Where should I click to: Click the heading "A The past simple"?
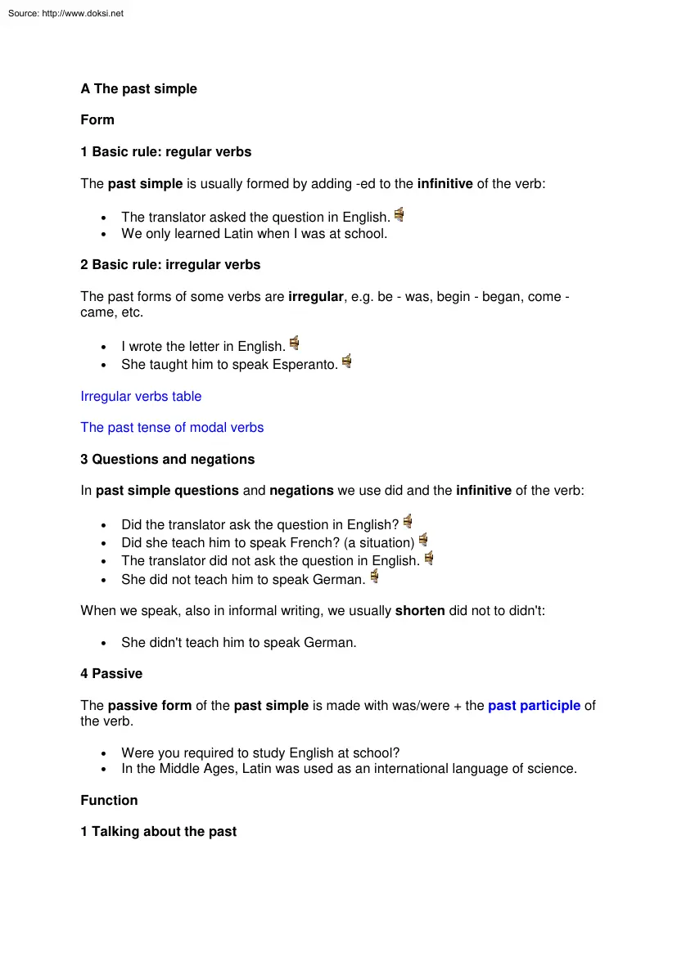[x=138, y=88]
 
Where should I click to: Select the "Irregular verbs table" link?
[x=141, y=397]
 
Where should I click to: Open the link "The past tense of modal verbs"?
[x=172, y=428]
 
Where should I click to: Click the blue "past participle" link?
[x=534, y=706]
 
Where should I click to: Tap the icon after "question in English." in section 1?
[x=399, y=215]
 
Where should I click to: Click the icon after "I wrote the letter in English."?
[x=294, y=344]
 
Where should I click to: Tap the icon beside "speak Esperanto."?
[x=347, y=362]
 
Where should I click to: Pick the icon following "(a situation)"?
[x=423, y=540]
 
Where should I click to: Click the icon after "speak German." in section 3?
[x=374, y=577]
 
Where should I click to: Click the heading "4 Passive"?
[x=111, y=674]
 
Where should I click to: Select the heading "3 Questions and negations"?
[x=167, y=460]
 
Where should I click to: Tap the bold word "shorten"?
[x=420, y=611]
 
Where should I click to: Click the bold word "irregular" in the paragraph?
[x=316, y=297]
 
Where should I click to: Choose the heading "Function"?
[x=109, y=801]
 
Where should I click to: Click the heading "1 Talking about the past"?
[x=158, y=832]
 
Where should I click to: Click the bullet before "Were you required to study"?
[x=103, y=754]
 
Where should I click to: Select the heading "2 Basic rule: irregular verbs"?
[x=170, y=265]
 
